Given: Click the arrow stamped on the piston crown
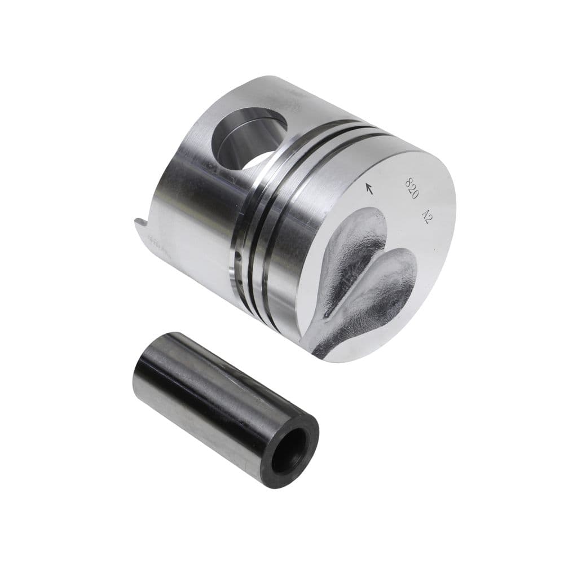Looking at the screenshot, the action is [x=369, y=188].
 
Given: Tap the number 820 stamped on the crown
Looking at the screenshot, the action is [x=412, y=188].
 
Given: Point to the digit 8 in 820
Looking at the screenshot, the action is [x=409, y=180].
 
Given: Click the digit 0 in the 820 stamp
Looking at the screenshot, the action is [x=415, y=195].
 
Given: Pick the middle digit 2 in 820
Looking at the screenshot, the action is [x=412, y=188].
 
